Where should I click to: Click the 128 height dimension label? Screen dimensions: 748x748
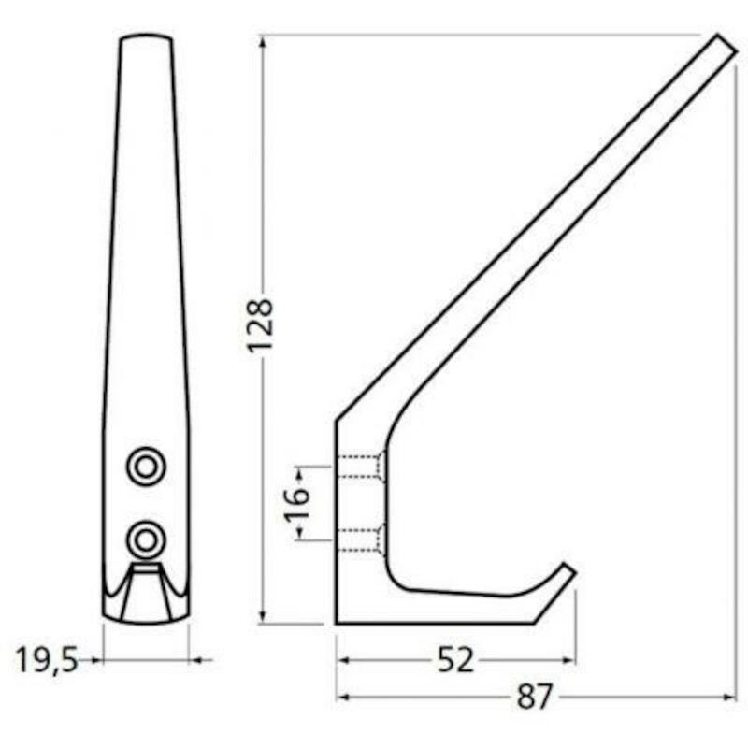(260, 325)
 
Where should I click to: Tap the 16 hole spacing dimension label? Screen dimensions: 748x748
(296, 503)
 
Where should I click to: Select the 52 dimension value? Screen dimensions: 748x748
(455, 660)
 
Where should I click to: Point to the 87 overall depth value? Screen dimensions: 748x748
(534, 698)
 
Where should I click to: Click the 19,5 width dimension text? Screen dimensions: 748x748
(47, 661)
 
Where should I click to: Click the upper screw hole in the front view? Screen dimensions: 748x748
(146, 466)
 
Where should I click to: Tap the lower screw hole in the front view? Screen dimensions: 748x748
(146, 540)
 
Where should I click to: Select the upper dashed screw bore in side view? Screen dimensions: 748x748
(361, 466)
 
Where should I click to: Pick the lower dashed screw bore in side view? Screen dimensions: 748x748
(361, 540)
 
